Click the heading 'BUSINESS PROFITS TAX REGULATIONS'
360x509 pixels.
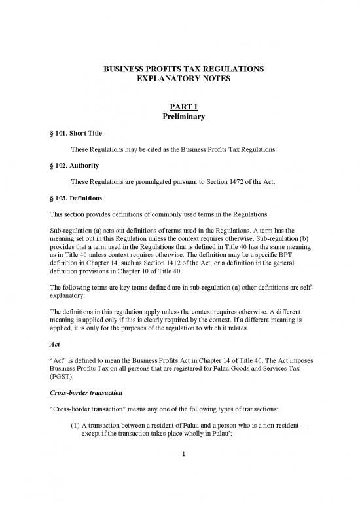pos(179,69)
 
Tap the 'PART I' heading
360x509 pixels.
pos(179,107)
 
